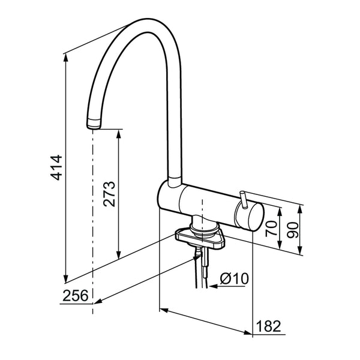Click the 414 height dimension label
(x=56, y=167)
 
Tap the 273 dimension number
(x=109, y=194)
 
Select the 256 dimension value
(x=76, y=295)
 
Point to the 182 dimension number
(x=268, y=326)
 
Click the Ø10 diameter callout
(x=234, y=278)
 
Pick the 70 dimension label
(x=271, y=229)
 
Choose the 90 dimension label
(x=293, y=230)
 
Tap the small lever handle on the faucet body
(x=244, y=200)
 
